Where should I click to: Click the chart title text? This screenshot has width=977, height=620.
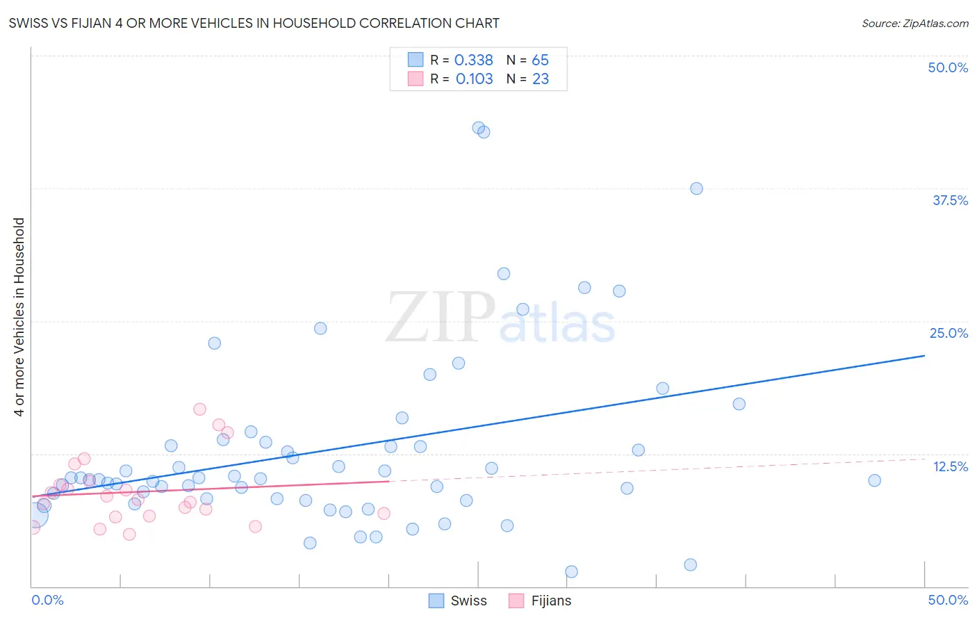click(254, 23)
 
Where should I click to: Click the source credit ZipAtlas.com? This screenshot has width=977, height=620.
click(914, 23)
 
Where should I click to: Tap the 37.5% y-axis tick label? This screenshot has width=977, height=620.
click(950, 200)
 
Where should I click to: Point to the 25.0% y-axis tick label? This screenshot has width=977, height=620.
click(949, 333)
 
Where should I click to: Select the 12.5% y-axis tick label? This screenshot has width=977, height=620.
click(950, 466)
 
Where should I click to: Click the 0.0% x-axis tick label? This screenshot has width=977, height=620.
click(47, 600)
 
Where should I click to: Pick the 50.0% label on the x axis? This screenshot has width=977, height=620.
click(948, 600)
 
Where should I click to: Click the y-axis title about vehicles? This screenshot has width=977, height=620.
click(19, 317)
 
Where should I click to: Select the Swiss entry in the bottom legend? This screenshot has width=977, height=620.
click(459, 601)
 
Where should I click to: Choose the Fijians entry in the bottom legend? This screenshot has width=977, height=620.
click(541, 601)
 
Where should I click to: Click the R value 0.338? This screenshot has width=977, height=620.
click(473, 60)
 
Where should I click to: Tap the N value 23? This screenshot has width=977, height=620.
click(541, 79)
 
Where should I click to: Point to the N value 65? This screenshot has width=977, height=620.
click(540, 60)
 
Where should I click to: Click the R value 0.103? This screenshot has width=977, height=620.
click(474, 79)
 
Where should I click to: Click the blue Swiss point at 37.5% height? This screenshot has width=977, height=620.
click(696, 188)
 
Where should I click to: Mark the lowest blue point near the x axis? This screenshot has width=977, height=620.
click(571, 571)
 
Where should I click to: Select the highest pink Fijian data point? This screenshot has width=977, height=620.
click(199, 409)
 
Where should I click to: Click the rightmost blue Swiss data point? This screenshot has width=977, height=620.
click(874, 480)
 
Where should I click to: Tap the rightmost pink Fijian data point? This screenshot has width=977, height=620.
click(384, 513)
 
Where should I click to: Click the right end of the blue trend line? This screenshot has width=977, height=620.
click(924, 355)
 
